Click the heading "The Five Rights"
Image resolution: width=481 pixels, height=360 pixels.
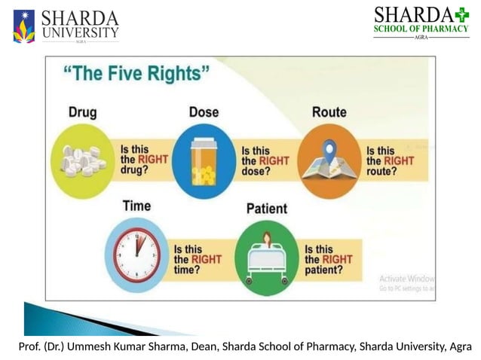pyautogui.click(x=136, y=75)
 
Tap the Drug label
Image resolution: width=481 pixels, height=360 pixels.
pyautogui.click(x=82, y=112)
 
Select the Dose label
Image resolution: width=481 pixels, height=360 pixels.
pyautogui.click(x=204, y=112)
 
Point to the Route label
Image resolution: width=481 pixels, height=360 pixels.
pyautogui.click(x=329, y=112)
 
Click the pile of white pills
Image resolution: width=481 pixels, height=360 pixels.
pyautogui.click(x=81, y=160)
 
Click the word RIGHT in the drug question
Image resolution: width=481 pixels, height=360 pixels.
pyautogui.click(x=155, y=160)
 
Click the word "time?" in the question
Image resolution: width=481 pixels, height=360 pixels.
pyautogui.click(x=187, y=270)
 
